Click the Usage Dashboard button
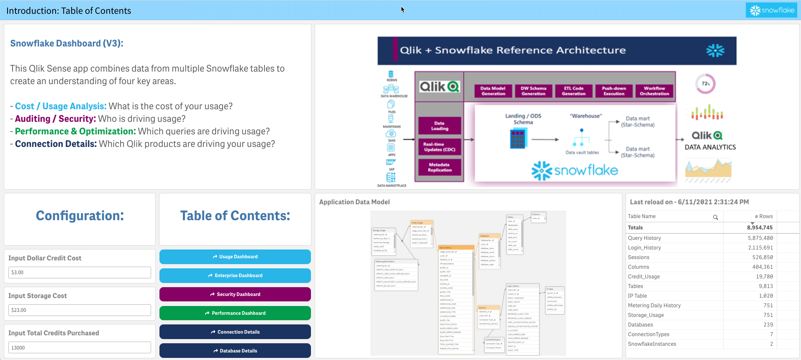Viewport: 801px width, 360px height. (x=235, y=257)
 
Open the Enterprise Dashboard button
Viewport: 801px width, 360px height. (x=235, y=275)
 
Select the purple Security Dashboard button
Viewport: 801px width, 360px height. (x=235, y=294)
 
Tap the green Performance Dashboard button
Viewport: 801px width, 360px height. (x=235, y=313)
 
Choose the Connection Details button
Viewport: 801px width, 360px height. (x=235, y=332)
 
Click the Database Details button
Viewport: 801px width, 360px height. (x=235, y=351)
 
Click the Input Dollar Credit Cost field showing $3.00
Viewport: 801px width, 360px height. (x=80, y=273)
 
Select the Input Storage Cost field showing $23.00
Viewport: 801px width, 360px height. (x=80, y=310)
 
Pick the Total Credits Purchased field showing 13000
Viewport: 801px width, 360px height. (x=80, y=347)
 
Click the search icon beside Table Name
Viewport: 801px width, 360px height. (x=716, y=217)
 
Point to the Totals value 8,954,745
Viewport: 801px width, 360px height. (x=760, y=228)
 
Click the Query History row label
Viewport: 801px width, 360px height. (x=644, y=238)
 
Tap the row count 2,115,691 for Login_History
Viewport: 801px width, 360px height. (x=760, y=248)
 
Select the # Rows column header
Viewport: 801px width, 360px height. (x=763, y=216)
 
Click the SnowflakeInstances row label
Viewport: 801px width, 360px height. (x=652, y=344)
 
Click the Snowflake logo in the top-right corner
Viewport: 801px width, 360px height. (x=771, y=10)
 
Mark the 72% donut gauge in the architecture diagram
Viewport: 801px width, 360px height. (x=706, y=84)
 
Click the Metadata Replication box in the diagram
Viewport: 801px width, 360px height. (x=440, y=167)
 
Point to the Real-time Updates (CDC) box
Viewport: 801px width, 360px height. (x=440, y=147)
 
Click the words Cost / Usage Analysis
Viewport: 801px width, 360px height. (x=61, y=106)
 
